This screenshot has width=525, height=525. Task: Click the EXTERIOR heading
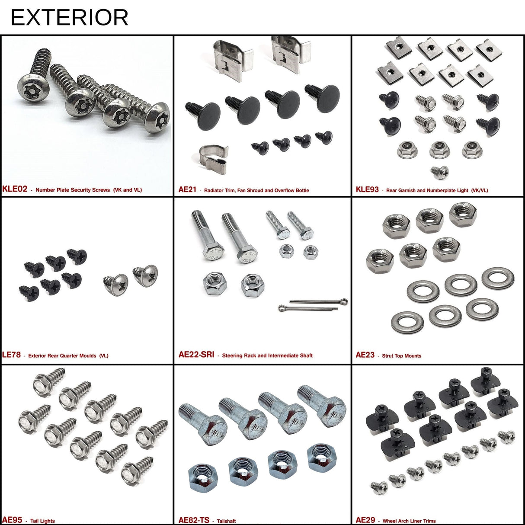[69, 17]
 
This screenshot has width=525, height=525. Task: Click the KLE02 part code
[15, 189]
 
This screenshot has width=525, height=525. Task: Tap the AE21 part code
[187, 189]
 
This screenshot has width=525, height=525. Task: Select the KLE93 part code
[367, 189]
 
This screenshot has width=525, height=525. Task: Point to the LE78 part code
[11, 355]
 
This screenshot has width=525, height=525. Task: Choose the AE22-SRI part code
[196, 355]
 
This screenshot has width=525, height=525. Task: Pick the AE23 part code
[365, 355]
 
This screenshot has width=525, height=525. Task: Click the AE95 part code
[12, 520]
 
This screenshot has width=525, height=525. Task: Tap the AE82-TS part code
[194, 520]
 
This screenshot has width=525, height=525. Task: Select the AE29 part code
[365, 520]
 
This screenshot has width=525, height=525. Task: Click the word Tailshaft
[226, 521]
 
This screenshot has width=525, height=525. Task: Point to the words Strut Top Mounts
[401, 356]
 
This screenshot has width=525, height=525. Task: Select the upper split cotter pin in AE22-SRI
[319, 301]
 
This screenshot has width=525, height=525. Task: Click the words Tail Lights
[42, 521]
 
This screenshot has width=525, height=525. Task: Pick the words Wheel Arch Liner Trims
[409, 521]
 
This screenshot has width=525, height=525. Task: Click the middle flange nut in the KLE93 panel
[439, 150]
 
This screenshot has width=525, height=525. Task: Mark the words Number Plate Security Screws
[73, 190]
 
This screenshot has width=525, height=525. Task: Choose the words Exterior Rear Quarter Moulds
[62, 356]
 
